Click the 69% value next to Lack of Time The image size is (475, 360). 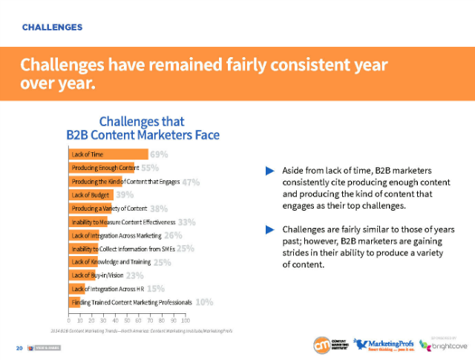(159, 154)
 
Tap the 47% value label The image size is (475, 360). (191, 182)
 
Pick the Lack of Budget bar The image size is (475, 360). (90, 194)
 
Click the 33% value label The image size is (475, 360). (186, 222)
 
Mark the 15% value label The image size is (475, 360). (156, 289)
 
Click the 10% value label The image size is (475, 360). (205, 302)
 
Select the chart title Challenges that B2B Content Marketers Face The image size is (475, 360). (142, 127)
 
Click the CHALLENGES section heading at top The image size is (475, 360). (52, 27)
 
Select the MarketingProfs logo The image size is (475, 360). (381, 345)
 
